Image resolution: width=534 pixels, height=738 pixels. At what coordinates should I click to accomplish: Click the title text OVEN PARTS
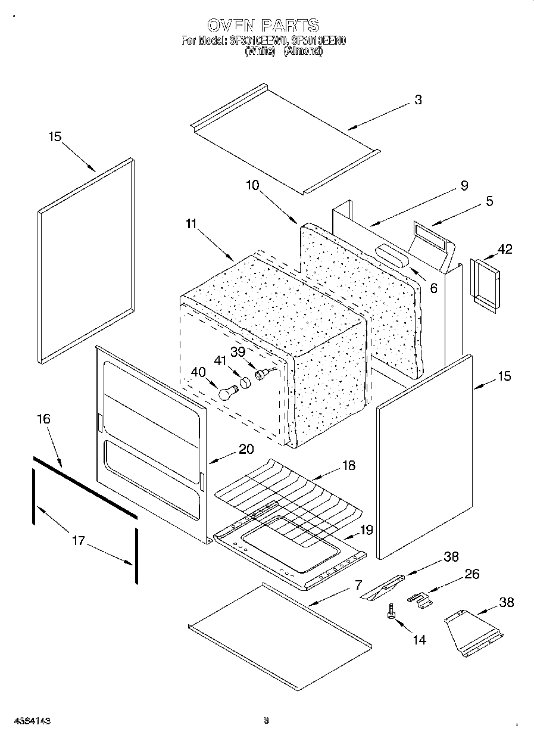pyautogui.click(x=263, y=25)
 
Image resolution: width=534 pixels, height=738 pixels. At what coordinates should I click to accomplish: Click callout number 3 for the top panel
pyautogui.click(x=418, y=100)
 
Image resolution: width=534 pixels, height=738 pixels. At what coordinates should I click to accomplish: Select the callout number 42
pyautogui.click(x=505, y=249)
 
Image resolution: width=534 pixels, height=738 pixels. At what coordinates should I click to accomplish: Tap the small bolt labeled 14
pyautogui.click(x=392, y=612)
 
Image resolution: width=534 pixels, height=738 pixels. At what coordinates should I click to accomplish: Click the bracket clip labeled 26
pyautogui.click(x=420, y=599)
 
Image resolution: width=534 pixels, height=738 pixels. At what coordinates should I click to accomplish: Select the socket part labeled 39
pyautogui.click(x=261, y=375)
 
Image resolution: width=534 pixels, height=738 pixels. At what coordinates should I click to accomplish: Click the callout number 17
pyautogui.click(x=79, y=541)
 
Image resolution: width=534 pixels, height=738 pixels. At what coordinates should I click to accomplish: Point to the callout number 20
pyautogui.click(x=246, y=450)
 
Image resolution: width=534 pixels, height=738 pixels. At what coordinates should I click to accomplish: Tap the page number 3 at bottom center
pyautogui.click(x=267, y=720)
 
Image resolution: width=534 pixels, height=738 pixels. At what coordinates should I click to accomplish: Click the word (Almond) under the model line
pyautogui.click(x=302, y=52)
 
